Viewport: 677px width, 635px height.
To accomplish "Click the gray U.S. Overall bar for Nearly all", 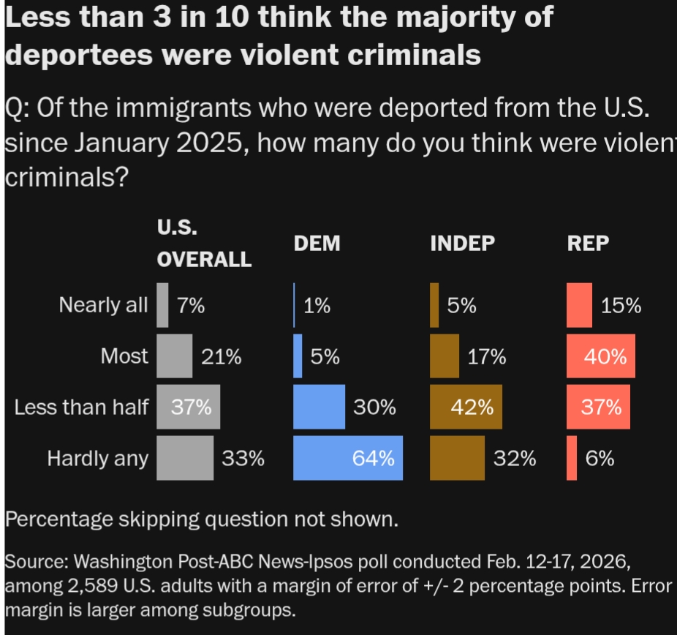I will pyautogui.click(x=162, y=305).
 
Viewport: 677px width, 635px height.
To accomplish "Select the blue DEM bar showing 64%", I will pyautogui.click(x=348, y=458).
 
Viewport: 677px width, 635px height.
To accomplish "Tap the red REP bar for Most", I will pyautogui.click(x=601, y=356).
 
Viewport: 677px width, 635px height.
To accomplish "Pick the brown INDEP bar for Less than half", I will pyautogui.click(x=466, y=407).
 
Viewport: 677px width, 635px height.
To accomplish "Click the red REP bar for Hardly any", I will pyautogui.click(x=572, y=458).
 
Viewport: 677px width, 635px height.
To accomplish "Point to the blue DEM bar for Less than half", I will pyautogui.click(x=319, y=407).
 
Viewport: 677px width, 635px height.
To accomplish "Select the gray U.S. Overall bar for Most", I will pyautogui.click(x=175, y=356).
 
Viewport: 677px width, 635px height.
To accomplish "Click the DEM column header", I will pyautogui.click(x=317, y=244).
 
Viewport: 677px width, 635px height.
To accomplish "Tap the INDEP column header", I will pyautogui.click(x=462, y=244).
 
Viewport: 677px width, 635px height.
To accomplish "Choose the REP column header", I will pyautogui.click(x=588, y=244).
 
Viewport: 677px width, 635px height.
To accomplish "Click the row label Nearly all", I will pyautogui.click(x=103, y=305).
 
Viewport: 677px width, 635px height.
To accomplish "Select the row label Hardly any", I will pyautogui.click(x=97, y=459).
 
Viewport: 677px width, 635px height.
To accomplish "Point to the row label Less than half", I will pyautogui.click(x=80, y=407).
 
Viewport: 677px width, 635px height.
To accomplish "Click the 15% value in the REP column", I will pyautogui.click(x=621, y=306).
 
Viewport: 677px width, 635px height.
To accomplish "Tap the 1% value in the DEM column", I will pyautogui.click(x=317, y=306).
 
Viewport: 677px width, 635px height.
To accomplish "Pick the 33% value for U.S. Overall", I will pyautogui.click(x=243, y=459).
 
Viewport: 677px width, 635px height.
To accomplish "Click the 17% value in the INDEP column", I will pyautogui.click(x=487, y=357).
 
